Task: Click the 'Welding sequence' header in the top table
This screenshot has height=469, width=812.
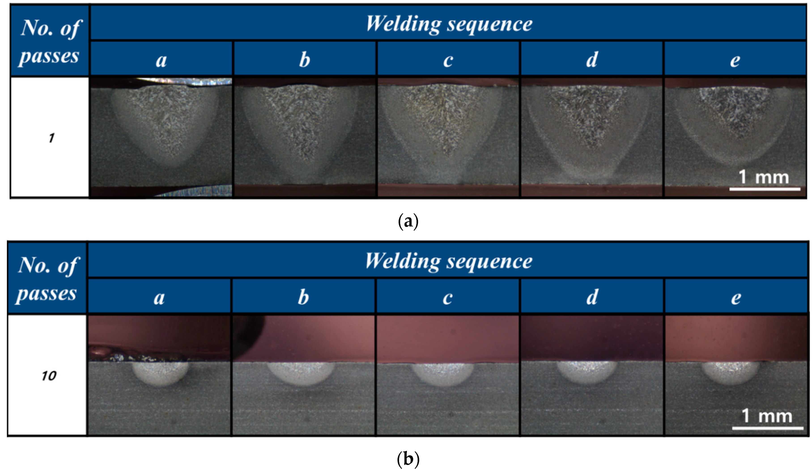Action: click(449, 24)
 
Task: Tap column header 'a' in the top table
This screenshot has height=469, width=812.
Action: click(161, 60)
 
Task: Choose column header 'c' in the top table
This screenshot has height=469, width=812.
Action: click(448, 60)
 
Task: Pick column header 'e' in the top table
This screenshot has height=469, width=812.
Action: click(735, 60)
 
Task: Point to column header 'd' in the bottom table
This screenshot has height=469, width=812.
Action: click(592, 297)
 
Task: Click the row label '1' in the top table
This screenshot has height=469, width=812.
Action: click(51, 138)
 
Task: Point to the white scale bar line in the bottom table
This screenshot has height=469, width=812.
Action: click(767, 428)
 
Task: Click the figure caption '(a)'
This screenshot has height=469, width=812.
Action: click(408, 222)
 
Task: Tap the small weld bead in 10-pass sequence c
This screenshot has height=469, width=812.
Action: click(443, 374)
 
